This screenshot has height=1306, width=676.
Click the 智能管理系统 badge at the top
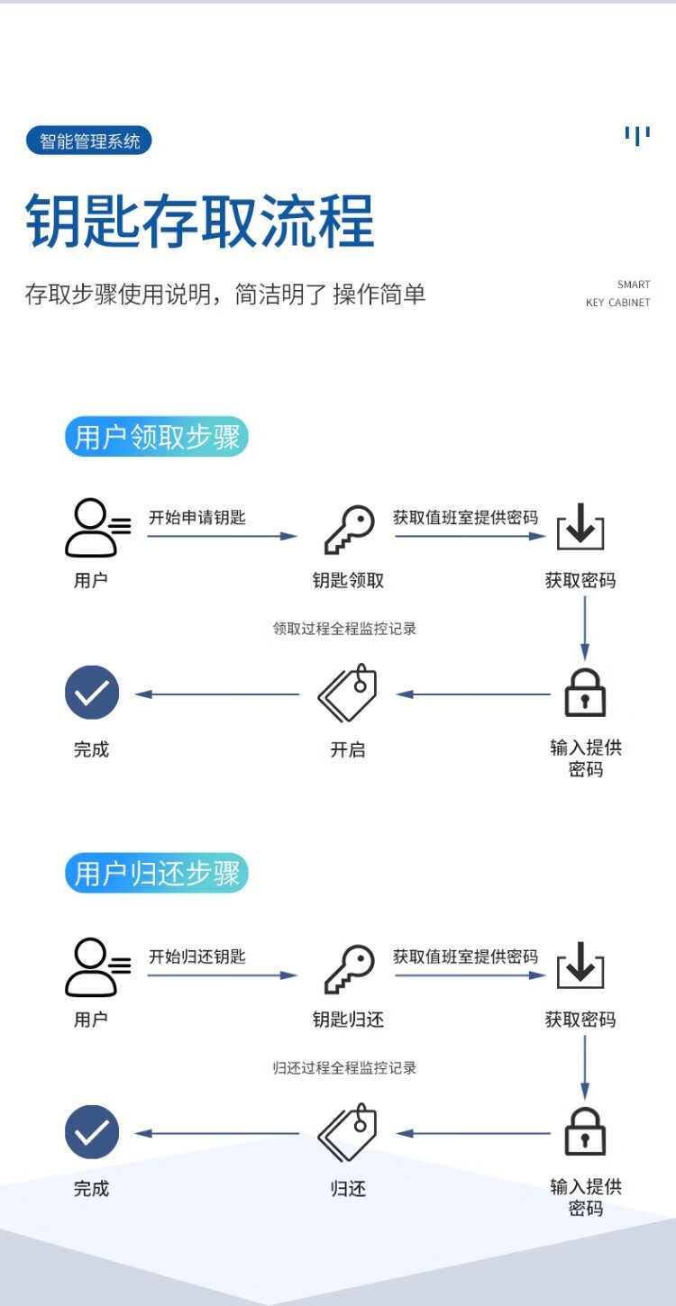tap(89, 141)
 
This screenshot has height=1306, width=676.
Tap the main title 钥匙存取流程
tap(199, 222)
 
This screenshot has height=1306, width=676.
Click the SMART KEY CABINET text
tap(618, 294)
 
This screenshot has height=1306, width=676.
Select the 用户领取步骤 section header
tap(156, 437)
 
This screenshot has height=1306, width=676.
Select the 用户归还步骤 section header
tap(156, 874)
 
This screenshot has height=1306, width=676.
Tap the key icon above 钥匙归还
tap(349, 969)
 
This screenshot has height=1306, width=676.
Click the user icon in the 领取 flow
tap(96, 530)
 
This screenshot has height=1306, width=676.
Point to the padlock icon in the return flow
tap(585, 1130)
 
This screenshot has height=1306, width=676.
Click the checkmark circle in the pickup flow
tap(92, 693)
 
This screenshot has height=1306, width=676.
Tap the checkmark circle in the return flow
tap(92, 1131)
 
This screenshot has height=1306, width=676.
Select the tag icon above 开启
tap(348, 693)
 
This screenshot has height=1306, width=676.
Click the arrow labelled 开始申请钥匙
tap(222, 536)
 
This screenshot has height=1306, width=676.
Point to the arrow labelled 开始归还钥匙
tap(222, 975)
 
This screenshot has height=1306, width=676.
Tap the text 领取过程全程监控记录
tap(345, 629)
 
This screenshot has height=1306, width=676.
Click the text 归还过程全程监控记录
tap(345, 1067)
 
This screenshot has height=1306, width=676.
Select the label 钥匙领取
tap(348, 581)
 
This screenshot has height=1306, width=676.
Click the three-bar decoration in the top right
tap(637, 136)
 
